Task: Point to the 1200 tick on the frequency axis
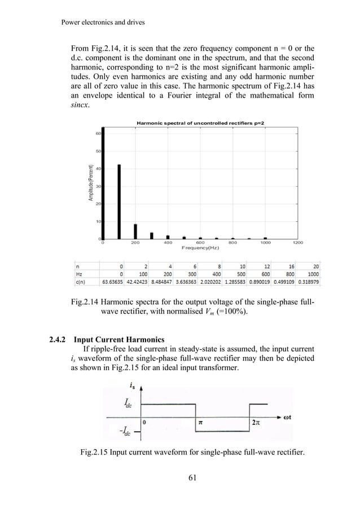298,243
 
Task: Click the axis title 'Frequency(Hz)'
200,248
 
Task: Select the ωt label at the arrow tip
290,418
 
